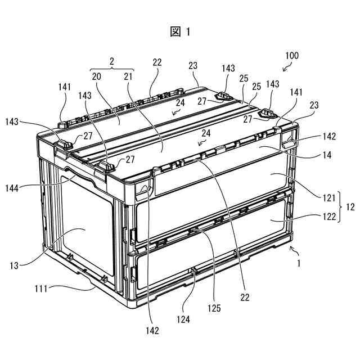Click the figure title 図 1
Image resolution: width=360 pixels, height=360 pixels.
[180, 32]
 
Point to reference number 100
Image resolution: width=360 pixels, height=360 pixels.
[292, 56]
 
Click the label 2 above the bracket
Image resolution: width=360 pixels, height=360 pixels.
[111, 60]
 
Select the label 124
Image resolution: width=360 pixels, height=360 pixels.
[183, 319]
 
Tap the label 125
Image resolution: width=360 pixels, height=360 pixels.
[213, 308]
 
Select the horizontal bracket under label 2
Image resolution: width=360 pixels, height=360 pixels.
[111, 69]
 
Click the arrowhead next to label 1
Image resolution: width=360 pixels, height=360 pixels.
[291, 248]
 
